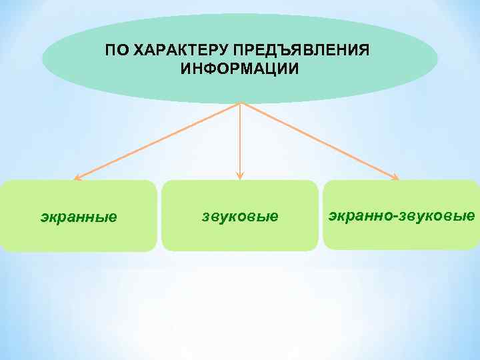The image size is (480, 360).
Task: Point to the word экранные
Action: tap(79, 217)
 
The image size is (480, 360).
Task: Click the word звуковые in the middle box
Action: tap(240, 217)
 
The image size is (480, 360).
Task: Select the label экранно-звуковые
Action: tap(401, 215)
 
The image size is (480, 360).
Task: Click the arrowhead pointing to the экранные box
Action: tap(77, 178)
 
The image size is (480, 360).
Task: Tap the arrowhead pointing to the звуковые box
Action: tap(240, 177)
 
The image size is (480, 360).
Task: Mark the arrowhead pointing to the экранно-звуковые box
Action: tap(396, 178)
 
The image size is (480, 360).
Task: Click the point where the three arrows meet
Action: tap(240, 103)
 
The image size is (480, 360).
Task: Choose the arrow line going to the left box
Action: tap(159, 141)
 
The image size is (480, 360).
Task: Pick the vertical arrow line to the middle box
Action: tap(240, 140)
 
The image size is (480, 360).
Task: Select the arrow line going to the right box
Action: tap(319, 141)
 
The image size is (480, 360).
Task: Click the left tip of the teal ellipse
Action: tap(43, 59)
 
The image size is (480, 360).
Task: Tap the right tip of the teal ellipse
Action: tap(437, 59)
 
